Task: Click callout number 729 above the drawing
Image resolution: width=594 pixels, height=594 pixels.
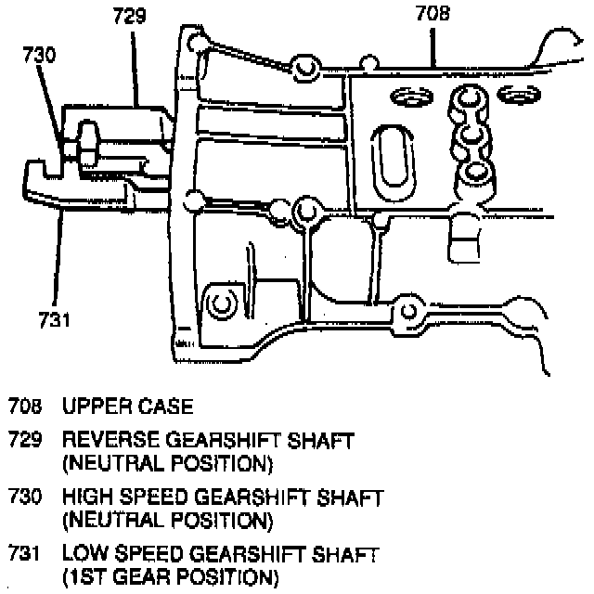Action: coord(131,16)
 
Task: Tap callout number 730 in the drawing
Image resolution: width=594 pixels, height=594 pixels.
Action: coord(39,55)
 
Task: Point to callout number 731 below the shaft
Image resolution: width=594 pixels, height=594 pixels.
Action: coord(55,320)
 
